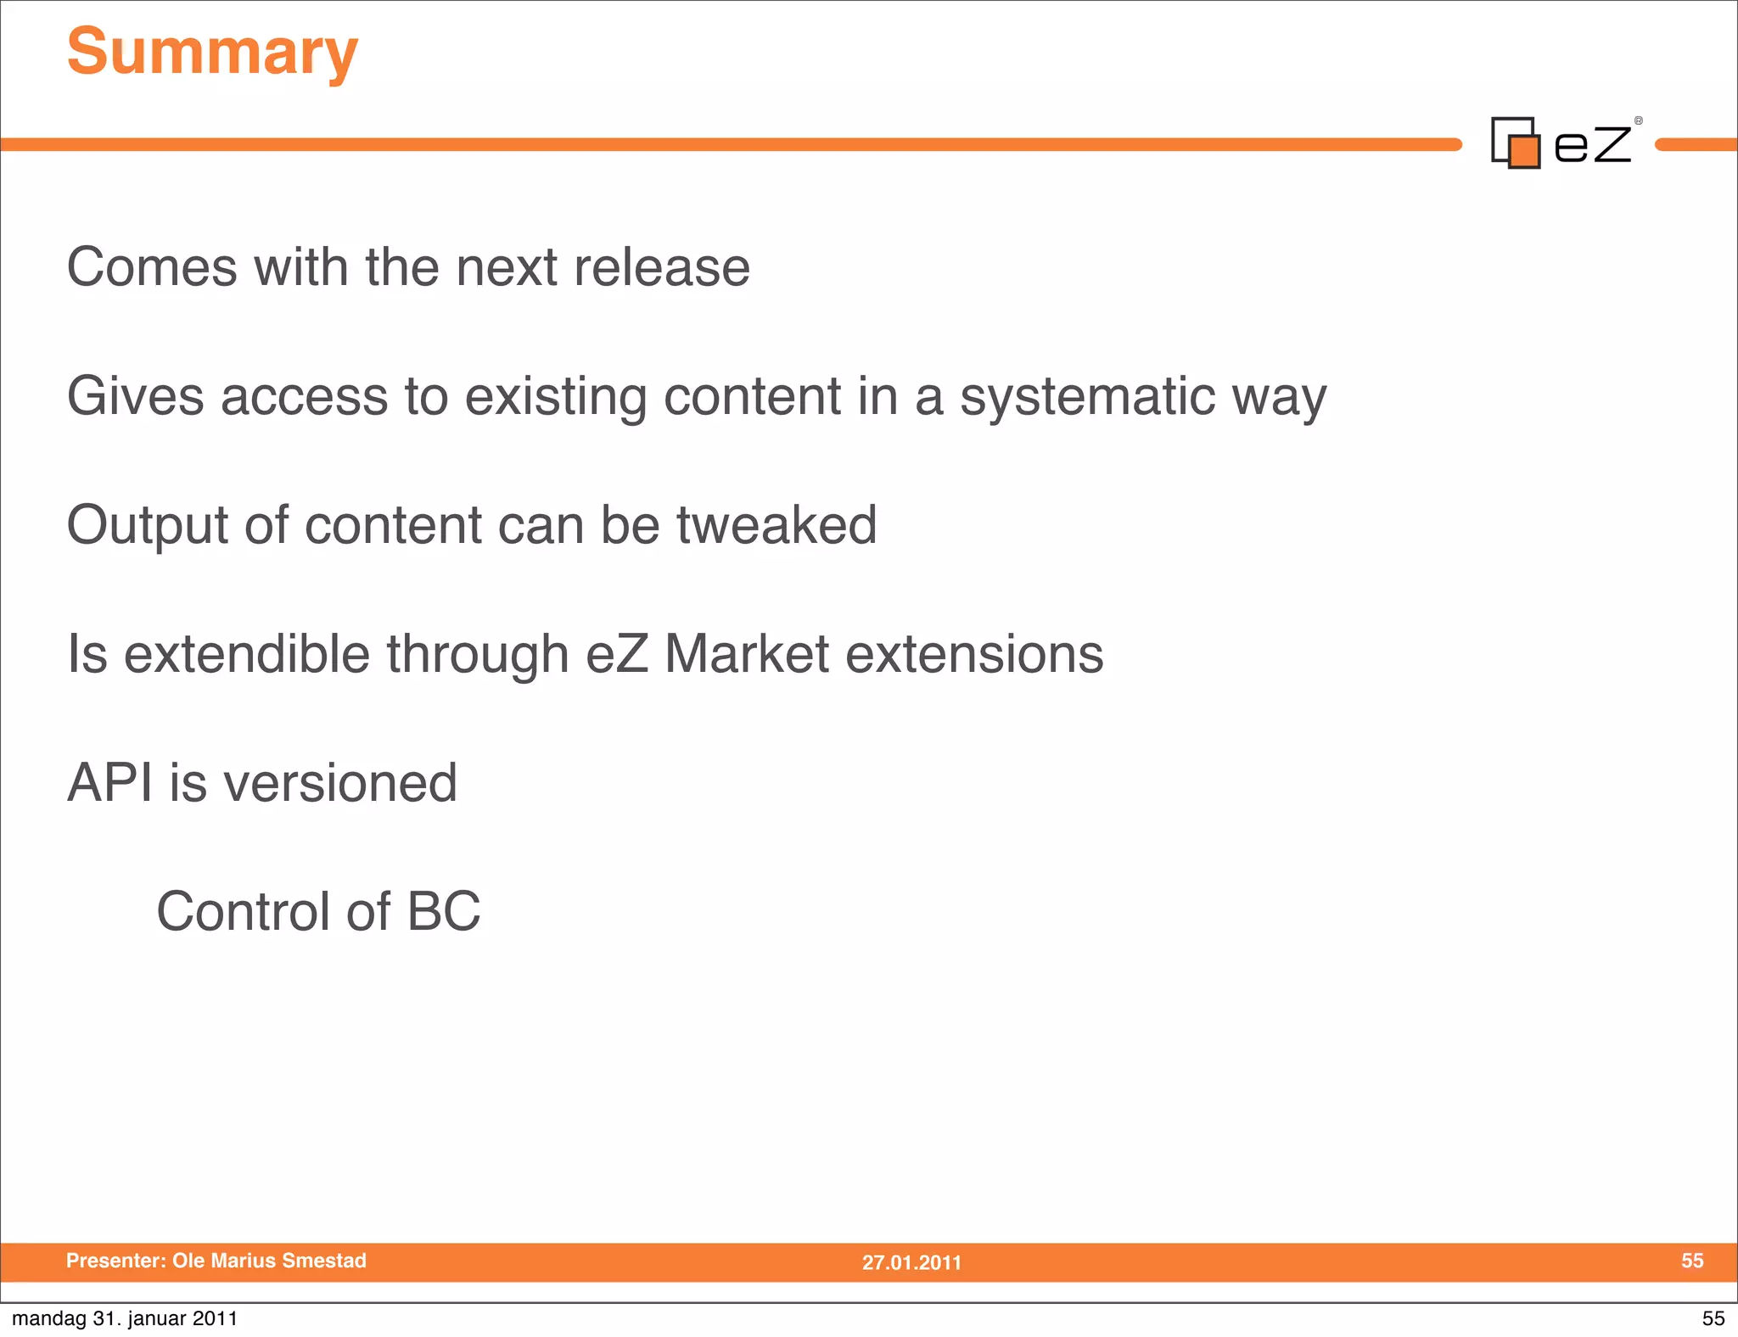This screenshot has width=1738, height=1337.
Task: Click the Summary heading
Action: click(212, 53)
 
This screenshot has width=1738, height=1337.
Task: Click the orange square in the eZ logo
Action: click(1524, 152)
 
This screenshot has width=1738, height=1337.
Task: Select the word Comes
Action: click(152, 267)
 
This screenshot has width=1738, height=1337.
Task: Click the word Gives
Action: click(135, 396)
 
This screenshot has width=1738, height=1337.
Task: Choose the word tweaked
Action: click(776, 525)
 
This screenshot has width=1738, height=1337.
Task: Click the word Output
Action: click(147, 525)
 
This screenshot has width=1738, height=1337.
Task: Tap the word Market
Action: click(746, 654)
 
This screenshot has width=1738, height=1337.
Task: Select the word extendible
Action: click(247, 654)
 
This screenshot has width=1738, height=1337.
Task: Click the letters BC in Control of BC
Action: click(443, 911)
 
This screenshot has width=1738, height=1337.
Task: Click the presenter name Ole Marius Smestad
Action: click(269, 1261)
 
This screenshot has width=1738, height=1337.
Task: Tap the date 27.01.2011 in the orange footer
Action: click(911, 1262)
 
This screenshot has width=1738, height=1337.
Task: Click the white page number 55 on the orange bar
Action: click(1691, 1261)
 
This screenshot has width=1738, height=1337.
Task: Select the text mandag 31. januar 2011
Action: click(125, 1318)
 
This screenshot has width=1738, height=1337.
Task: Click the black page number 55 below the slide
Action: click(1713, 1318)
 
